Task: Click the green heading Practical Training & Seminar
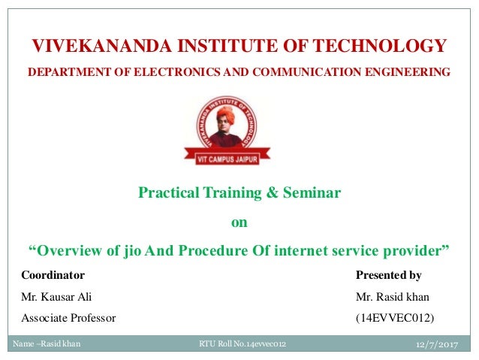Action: tap(239, 193)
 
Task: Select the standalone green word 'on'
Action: tap(238, 222)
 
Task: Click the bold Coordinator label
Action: tap(53, 274)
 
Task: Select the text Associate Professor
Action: tap(68, 318)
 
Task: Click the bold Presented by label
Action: tap(388, 274)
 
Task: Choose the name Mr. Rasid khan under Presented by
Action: tap(394, 296)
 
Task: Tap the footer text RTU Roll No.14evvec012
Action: tap(243, 344)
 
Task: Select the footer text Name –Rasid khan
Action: tap(47, 344)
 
